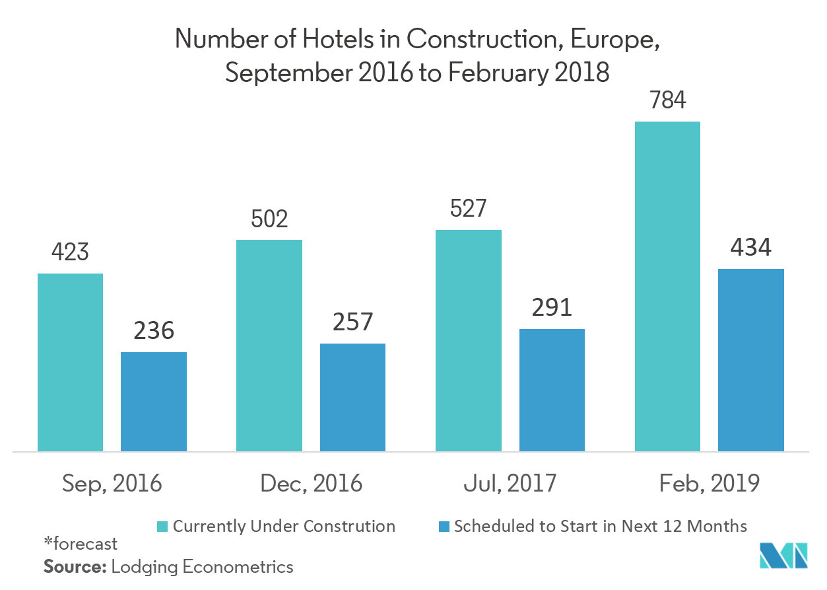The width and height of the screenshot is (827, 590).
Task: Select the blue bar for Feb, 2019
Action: pyautogui.click(x=750, y=360)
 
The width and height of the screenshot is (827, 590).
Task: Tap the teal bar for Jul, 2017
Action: pyautogui.click(x=468, y=341)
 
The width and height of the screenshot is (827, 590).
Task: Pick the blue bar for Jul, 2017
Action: pyautogui.click(x=552, y=390)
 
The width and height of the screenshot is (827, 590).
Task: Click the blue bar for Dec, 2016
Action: pyautogui.click(x=352, y=397)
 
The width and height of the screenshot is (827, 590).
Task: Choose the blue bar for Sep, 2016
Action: pyautogui.click(x=154, y=402)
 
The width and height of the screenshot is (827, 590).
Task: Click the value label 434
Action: pyautogui.click(x=750, y=248)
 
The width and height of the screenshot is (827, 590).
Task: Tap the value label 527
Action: pyautogui.click(x=468, y=209)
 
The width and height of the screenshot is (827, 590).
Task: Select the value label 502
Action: pyautogui.click(x=269, y=219)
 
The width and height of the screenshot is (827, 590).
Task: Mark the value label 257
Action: pyautogui.click(x=352, y=323)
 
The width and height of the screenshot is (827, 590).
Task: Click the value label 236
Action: pyautogui.click(x=154, y=332)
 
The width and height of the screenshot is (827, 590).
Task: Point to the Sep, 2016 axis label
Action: pyautogui.click(x=112, y=484)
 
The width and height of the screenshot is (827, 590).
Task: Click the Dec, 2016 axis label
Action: pyautogui.click(x=311, y=484)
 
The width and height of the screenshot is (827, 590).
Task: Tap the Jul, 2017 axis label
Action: pyautogui.click(x=510, y=484)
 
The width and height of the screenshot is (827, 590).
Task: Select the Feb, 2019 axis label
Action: pyautogui.click(x=710, y=484)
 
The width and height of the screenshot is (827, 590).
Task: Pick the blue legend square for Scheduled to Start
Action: pyautogui.click(x=444, y=527)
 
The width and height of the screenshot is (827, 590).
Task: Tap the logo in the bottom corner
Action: pyautogui.click(x=783, y=555)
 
